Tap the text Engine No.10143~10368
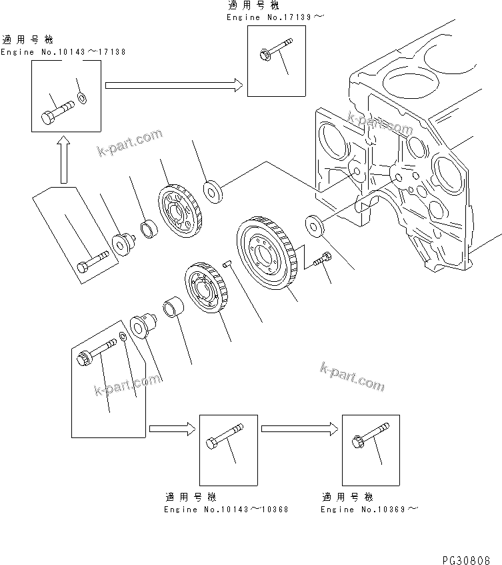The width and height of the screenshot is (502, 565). [x=226, y=510]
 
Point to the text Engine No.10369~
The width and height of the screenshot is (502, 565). [x=370, y=510]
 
